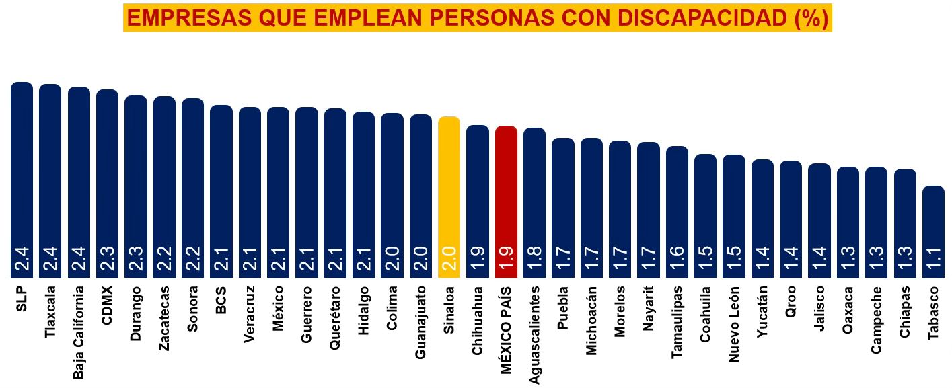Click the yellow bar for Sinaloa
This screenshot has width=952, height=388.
449,195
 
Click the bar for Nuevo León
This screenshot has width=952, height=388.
734,215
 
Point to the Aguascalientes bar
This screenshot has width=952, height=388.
534,202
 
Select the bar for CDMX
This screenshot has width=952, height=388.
107,182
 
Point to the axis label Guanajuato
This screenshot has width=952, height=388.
420,322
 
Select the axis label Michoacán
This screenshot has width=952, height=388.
591,320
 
